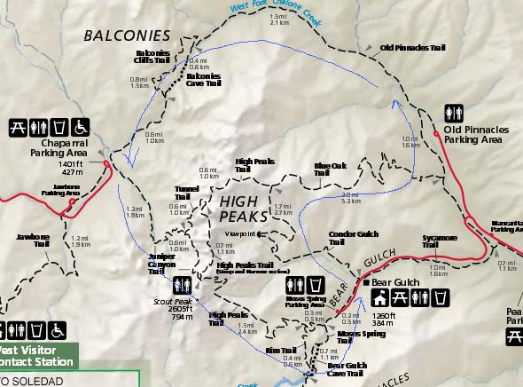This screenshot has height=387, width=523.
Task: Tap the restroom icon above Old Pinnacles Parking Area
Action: [x=454, y=114]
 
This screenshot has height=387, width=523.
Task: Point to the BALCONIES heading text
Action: [x=125, y=36]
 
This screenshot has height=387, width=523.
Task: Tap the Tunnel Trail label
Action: [x=186, y=193]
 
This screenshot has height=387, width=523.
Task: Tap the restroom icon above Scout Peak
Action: [x=183, y=284]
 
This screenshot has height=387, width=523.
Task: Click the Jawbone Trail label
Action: [x=33, y=241]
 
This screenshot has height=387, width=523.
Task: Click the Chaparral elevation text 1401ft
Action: [x=69, y=164]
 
